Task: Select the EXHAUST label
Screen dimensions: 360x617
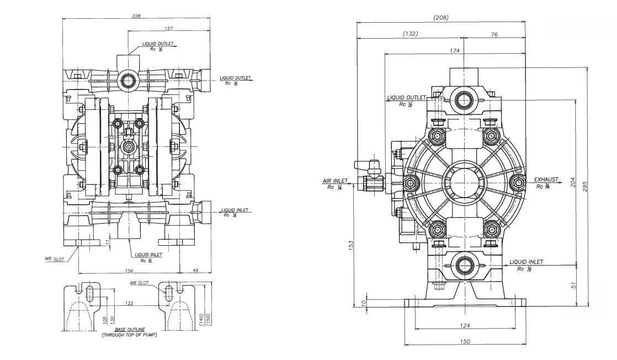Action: click(546, 180)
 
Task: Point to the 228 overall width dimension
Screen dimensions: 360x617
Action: click(136, 16)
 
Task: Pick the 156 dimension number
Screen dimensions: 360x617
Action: click(130, 269)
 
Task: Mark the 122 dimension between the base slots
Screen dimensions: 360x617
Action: click(129, 303)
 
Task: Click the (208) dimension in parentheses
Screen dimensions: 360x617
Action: click(441, 17)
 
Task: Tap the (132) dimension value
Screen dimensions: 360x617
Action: click(410, 34)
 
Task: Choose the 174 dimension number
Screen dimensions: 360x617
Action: click(454, 51)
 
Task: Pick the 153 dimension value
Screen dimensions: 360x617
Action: click(352, 245)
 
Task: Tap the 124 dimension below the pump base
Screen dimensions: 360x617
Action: click(465, 326)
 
